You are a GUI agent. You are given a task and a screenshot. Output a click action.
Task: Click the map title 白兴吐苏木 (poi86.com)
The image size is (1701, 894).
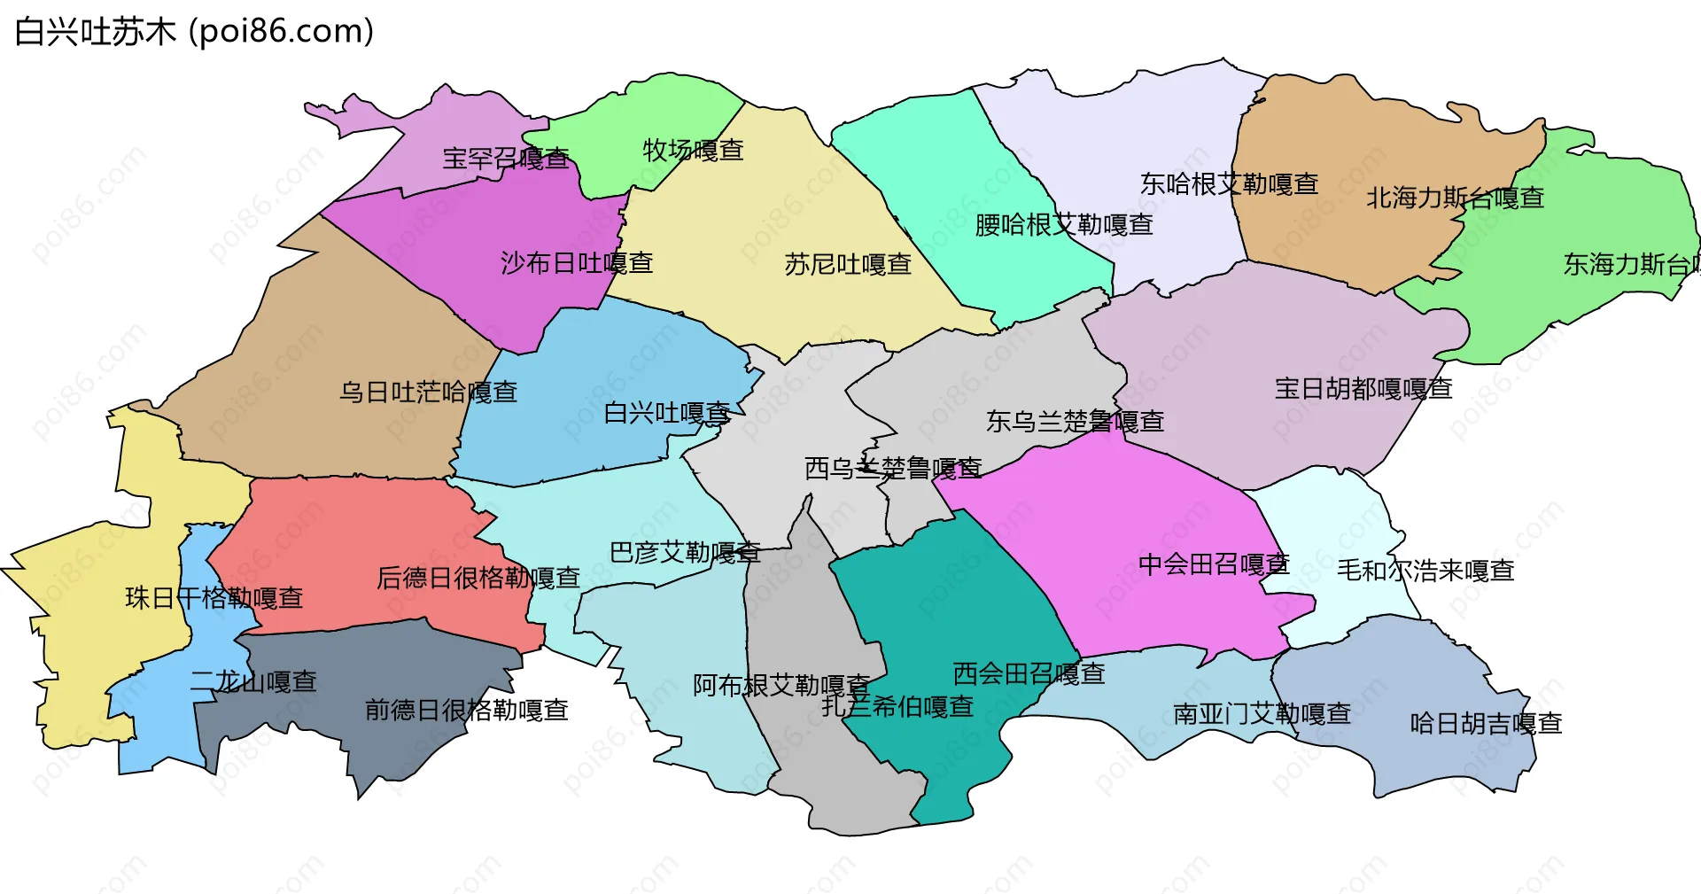click(x=194, y=32)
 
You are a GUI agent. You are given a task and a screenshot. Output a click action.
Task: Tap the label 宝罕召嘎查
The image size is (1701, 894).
click(x=506, y=159)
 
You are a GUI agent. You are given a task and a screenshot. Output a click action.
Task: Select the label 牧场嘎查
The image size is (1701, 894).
click(x=693, y=150)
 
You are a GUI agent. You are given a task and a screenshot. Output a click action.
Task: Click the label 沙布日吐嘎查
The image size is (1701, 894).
click(x=577, y=263)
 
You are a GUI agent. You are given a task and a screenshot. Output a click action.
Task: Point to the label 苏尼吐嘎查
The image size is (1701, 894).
click(x=848, y=264)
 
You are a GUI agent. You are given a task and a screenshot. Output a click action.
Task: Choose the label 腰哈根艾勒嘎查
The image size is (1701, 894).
click(x=1064, y=225)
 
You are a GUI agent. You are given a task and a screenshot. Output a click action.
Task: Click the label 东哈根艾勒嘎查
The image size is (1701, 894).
click(x=1229, y=184)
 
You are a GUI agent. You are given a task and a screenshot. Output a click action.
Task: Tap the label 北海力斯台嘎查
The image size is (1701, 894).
click(x=1455, y=198)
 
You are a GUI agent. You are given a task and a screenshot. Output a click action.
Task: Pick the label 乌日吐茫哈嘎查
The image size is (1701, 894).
click(x=428, y=392)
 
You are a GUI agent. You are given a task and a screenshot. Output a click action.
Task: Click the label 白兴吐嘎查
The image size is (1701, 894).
click(x=667, y=413)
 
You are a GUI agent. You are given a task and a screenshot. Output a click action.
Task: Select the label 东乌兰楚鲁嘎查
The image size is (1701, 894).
click(x=1075, y=421)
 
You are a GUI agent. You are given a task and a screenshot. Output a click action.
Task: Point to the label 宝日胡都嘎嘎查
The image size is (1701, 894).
click(x=1363, y=388)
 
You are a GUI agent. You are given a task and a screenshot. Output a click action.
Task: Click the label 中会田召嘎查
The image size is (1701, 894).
click(x=1214, y=564)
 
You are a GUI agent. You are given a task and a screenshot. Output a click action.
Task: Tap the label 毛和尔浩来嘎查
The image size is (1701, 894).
click(x=1425, y=570)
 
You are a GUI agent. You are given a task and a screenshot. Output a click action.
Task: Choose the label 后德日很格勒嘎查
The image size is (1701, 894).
click(x=478, y=578)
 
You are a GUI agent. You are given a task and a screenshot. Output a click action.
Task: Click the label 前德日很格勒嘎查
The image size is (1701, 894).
click(x=467, y=710)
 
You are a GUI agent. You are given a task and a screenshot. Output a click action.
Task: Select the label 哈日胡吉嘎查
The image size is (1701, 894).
click(x=1486, y=723)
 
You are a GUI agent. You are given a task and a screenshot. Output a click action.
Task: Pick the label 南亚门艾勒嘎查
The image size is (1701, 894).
click(x=1262, y=713)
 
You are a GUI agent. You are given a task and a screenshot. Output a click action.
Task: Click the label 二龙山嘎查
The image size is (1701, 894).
click(x=253, y=681)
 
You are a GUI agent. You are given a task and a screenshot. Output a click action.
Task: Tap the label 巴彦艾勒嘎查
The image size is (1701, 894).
click(x=685, y=553)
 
